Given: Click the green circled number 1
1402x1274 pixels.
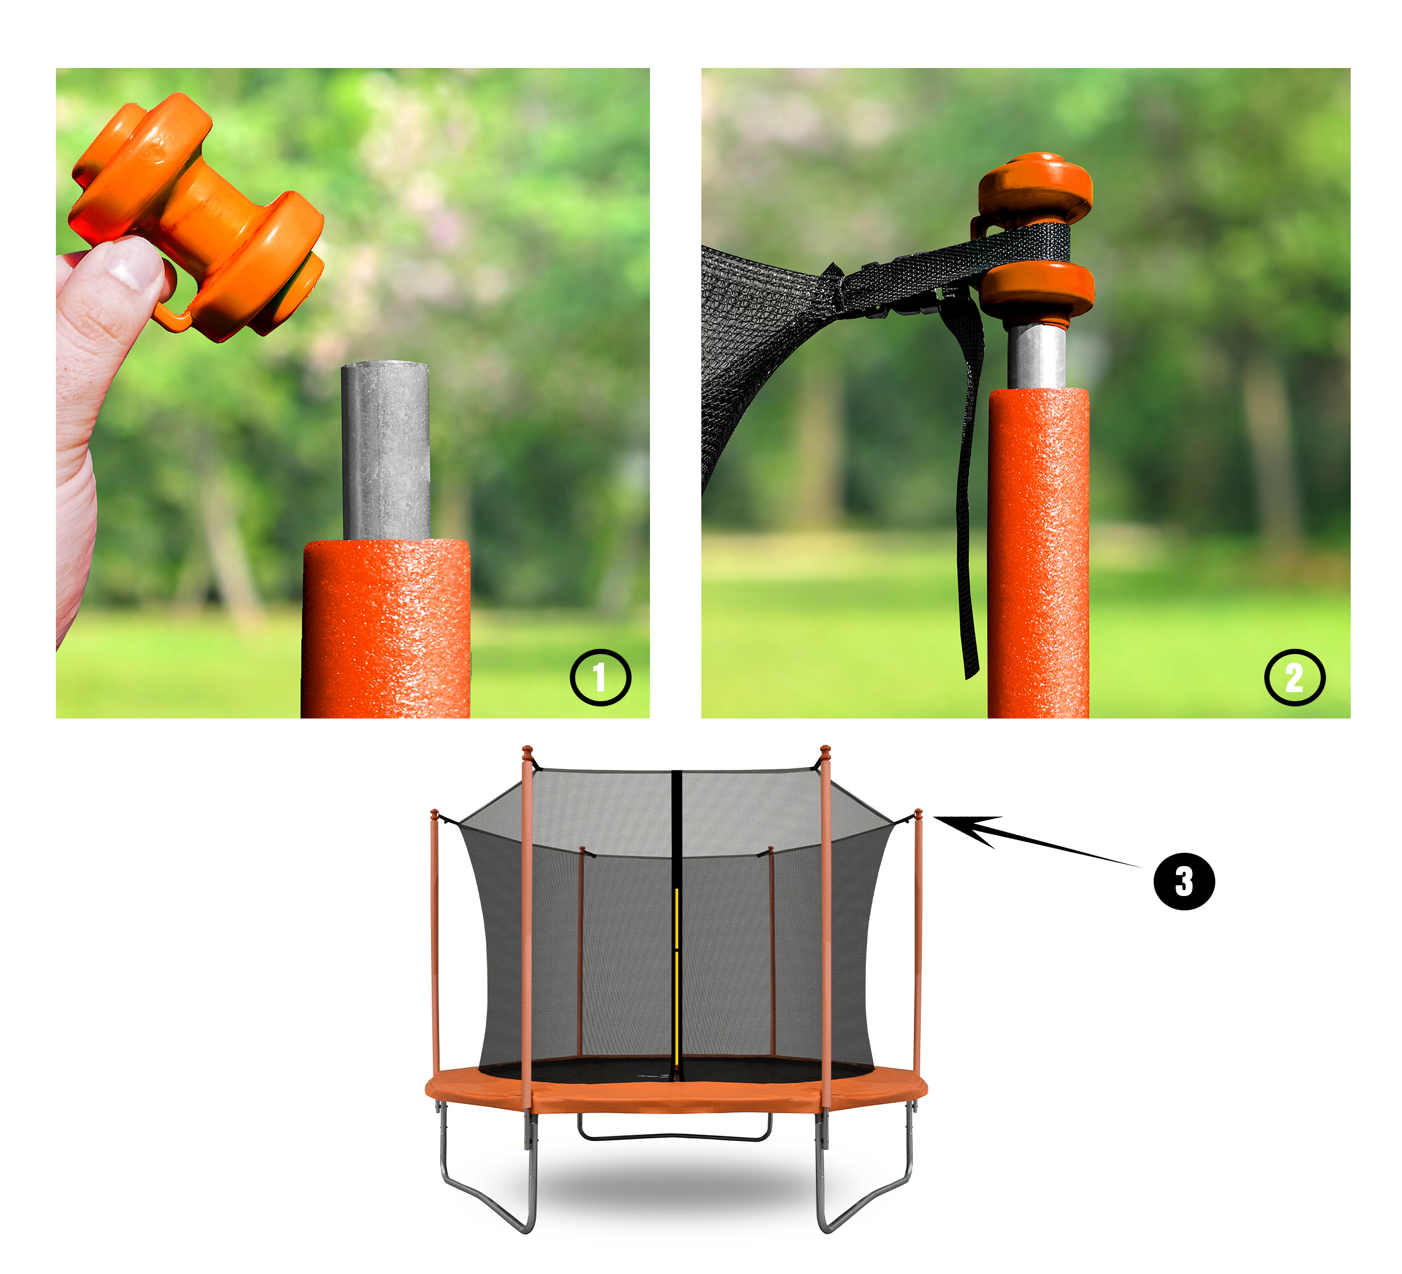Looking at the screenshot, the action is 600,677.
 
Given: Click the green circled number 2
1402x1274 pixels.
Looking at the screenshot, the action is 1294,677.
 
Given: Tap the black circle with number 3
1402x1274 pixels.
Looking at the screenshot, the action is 1184,881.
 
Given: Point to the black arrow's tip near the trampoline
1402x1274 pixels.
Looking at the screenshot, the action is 934,818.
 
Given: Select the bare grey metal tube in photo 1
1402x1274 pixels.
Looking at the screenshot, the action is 386,451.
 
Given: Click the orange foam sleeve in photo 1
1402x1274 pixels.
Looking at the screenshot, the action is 386,628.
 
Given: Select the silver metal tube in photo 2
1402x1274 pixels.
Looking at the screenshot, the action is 1036,356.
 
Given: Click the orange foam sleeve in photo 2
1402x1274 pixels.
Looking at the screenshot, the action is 1038,553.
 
